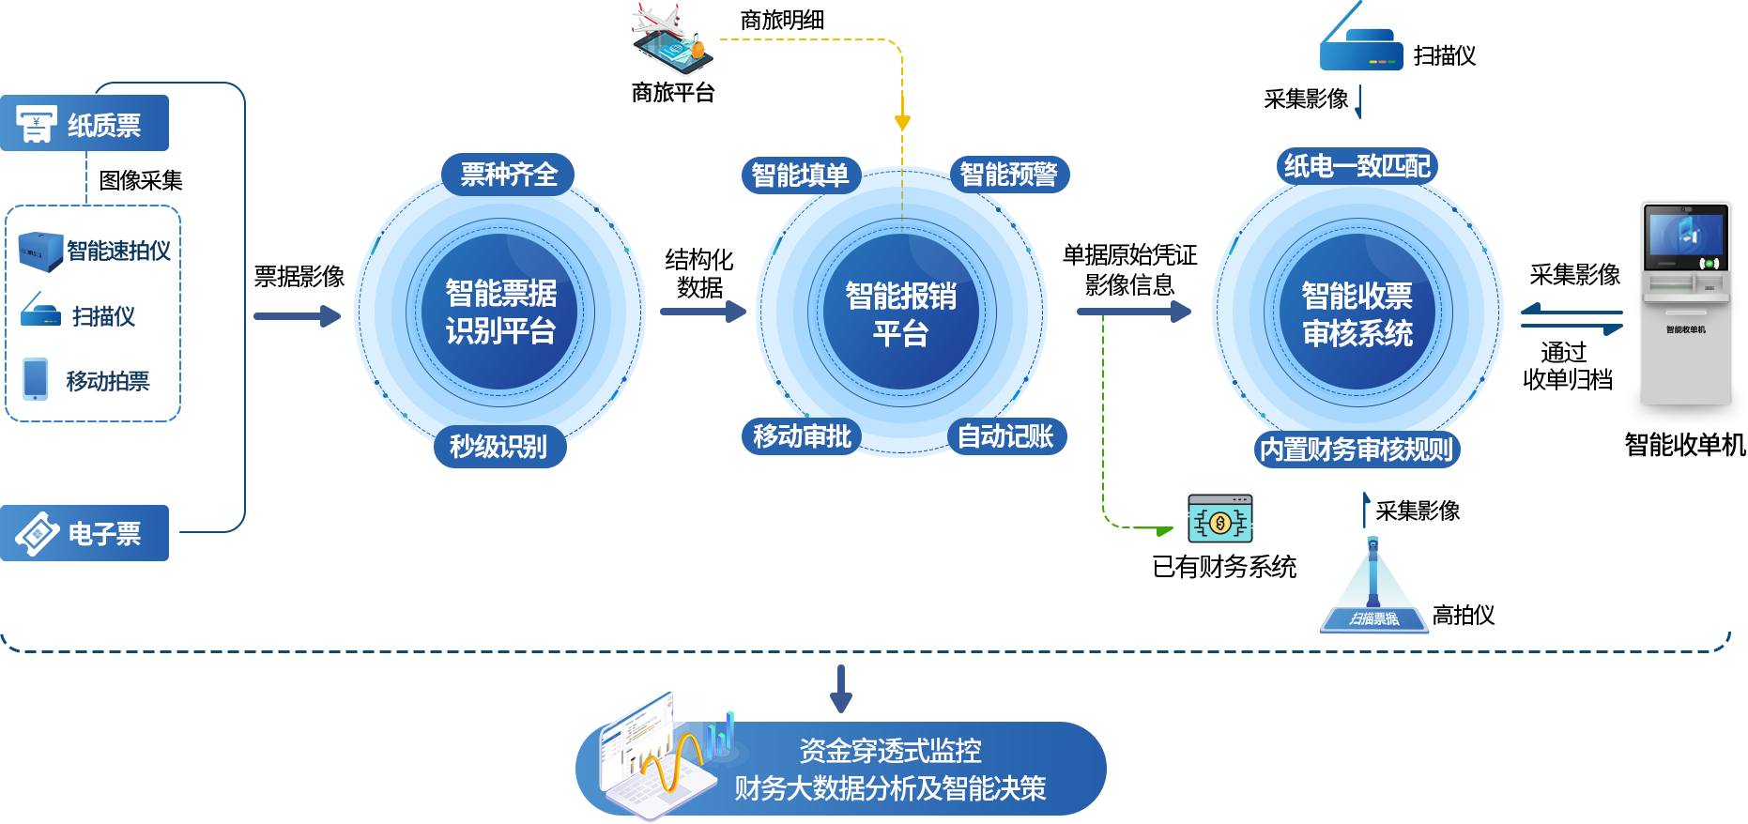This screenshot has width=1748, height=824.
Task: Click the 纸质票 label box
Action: click(x=84, y=123)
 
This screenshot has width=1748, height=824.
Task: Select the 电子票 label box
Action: click(x=84, y=533)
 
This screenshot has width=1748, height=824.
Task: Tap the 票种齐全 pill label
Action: click(x=508, y=175)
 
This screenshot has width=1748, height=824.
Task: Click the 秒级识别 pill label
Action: click(x=499, y=446)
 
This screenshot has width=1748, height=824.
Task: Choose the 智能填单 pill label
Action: click(x=801, y=175)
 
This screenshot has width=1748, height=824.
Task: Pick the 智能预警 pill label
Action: click(x=1009, y=175)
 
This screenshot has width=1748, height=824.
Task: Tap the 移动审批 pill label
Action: click(x=802, y=436)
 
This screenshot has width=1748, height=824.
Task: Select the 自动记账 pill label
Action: click(x=1006, y=436)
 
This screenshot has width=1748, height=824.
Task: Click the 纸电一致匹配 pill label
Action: click(x=1357, y=166)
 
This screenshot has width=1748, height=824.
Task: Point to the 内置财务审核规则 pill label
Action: click(x=1357, y=450)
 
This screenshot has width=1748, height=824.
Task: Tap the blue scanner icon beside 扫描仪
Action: click(x=40, y=312)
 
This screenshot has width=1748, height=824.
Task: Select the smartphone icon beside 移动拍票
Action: click(x=36, y=379)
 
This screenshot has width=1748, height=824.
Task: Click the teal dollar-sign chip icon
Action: click(x=1219, y=519)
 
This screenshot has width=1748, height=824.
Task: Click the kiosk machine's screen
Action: click(x=1686, y=236)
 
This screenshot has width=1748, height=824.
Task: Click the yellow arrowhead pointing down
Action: click(x=902, y=122)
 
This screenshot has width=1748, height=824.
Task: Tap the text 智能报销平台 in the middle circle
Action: click(x=901, y=313)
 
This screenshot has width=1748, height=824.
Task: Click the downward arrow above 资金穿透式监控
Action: click(x=841, y=690)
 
